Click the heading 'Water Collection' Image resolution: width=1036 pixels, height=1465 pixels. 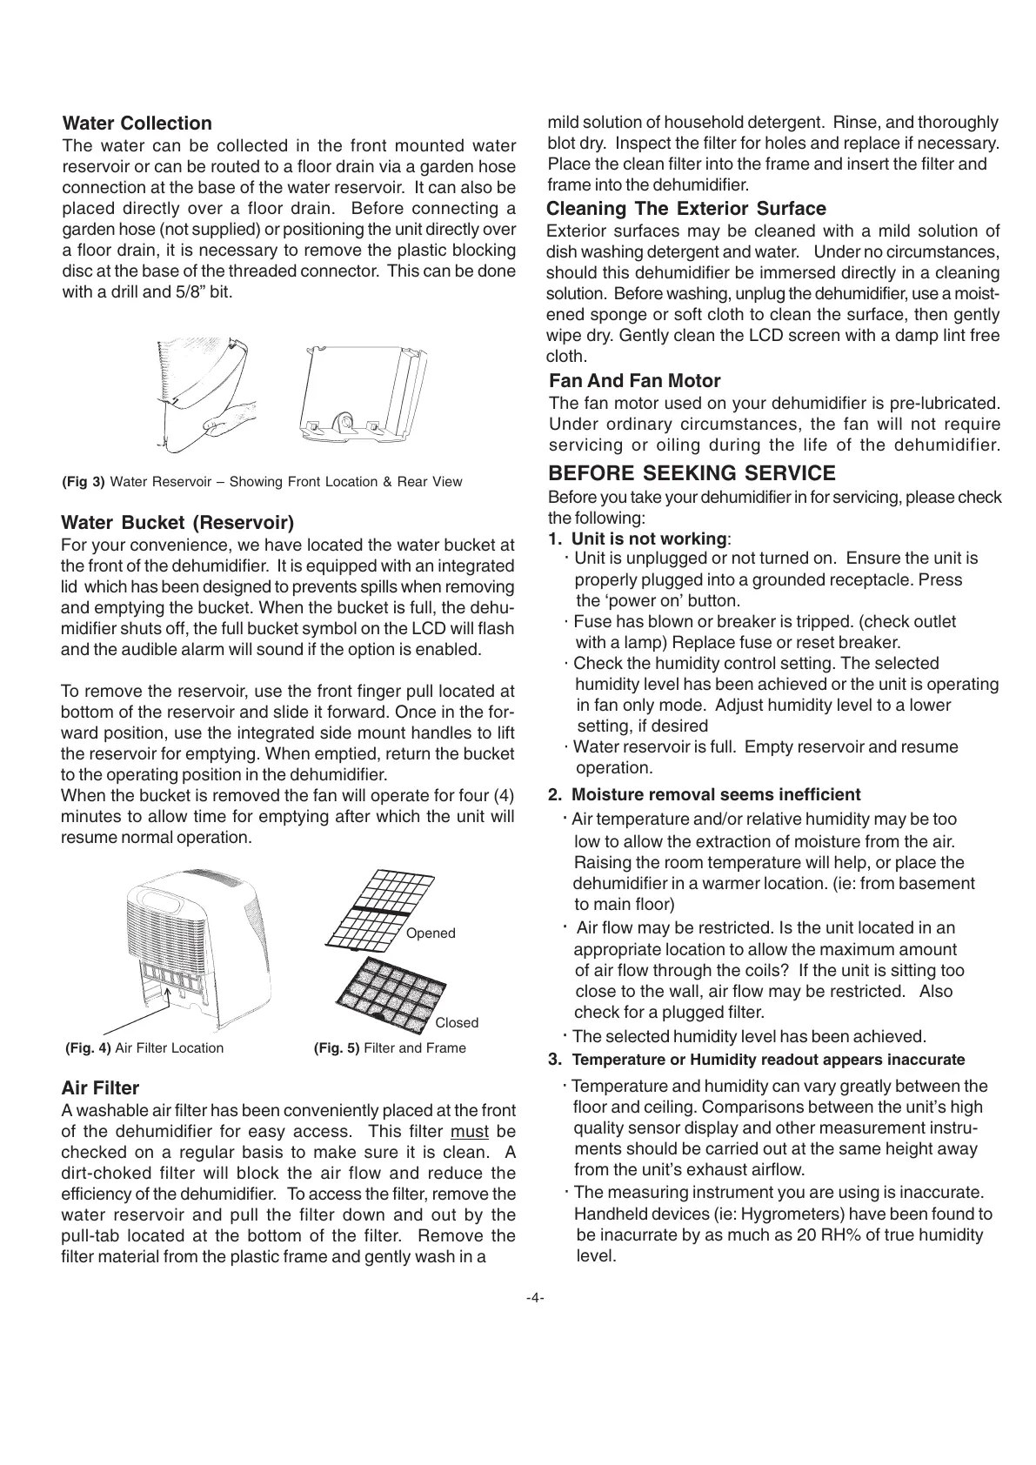(x=137, y=124)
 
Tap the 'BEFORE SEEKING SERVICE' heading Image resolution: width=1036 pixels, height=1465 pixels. (x=692, y=473)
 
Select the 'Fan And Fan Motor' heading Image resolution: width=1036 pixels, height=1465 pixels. (x=635, y=381)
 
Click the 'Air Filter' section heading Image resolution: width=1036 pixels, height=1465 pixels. (x=100, y=1087)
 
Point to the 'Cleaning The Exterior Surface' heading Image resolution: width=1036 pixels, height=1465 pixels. (x=686, y=209)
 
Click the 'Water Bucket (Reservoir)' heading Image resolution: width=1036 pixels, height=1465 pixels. (x=177, y=523)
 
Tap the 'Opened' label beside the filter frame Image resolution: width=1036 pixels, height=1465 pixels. (x=431, y=933)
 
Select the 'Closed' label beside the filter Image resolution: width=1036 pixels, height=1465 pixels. (x=457, y=1023)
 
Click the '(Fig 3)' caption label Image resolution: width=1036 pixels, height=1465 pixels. (x=84, y=482)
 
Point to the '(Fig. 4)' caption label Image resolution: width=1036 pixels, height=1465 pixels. (x=89, y=1048)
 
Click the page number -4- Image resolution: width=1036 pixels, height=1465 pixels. (x=535, y=1298)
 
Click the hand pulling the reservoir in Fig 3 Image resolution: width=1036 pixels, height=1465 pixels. (x=231, y=414)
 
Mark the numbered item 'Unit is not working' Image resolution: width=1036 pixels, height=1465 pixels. (x=648, y=539)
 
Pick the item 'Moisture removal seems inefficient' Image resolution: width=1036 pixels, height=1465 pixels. (x=715, y=794)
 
